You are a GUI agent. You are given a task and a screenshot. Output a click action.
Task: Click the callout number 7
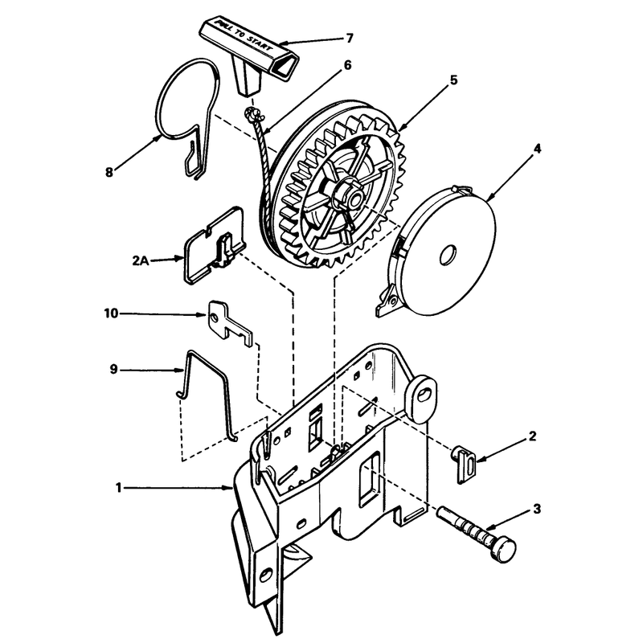click(349, 38)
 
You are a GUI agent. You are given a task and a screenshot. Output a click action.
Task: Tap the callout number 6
click(347, 65)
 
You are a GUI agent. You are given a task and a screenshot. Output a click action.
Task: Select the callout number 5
click(453, 80)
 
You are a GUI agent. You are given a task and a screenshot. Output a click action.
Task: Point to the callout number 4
click(537, 149)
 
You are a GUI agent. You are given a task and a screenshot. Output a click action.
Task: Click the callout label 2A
click(141, 260)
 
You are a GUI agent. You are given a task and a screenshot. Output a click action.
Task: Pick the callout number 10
click(111, 313)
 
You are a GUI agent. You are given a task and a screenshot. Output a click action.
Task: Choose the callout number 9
click(113, 370)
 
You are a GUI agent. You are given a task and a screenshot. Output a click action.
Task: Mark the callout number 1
click(118, 488)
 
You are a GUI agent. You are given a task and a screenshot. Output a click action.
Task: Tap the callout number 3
click(537, 510)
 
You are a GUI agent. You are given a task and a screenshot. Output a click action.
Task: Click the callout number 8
click(109, 172)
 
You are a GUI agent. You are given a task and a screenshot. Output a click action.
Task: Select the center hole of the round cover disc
click(448, 255)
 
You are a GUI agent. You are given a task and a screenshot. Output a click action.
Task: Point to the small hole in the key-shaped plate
click(214, 317)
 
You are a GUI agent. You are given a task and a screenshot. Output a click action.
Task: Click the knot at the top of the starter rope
click(252, 113)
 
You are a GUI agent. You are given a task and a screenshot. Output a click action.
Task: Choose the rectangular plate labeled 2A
click(214, 245)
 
